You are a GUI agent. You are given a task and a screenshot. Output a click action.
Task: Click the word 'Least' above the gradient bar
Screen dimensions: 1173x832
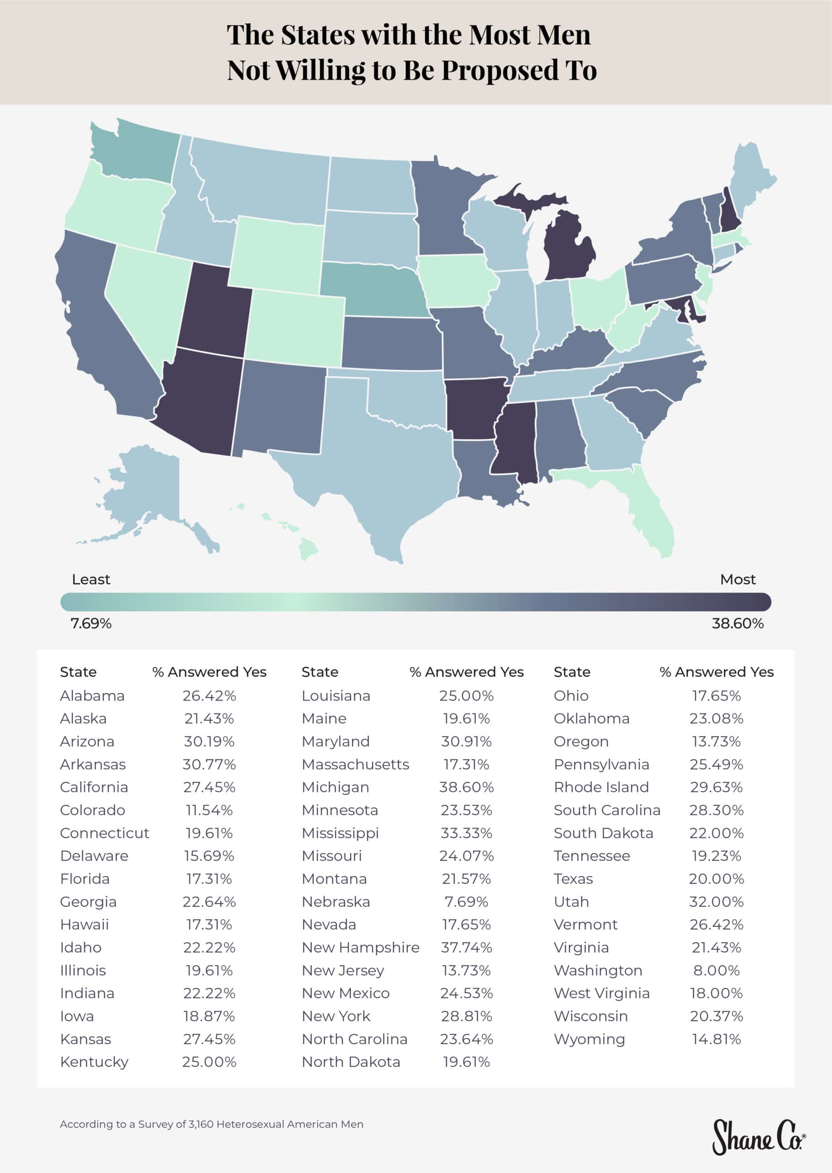point(91,579)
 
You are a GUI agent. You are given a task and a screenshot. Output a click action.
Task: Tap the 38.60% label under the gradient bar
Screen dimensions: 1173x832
point(737,624)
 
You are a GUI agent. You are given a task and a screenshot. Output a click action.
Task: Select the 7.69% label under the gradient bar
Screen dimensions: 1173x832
point(91,624)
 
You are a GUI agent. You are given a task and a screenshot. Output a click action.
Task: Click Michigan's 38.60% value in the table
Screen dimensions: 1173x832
point(466,787)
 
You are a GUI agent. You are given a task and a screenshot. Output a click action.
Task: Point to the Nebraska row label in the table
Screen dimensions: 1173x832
point(336,901)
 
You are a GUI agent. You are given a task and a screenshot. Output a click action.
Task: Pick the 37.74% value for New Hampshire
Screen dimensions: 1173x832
point(466,948)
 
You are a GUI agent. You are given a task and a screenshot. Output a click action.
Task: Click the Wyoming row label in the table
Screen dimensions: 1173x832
point(589,1039)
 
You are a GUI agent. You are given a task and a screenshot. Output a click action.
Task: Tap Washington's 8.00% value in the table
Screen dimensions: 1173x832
point(716,970)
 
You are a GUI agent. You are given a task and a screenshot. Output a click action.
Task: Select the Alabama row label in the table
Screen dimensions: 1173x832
point(92,696)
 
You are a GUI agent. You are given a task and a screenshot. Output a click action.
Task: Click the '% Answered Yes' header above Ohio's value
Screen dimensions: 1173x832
point(716,672)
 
